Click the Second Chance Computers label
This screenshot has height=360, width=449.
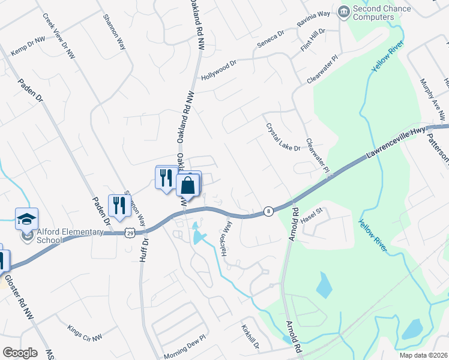382,13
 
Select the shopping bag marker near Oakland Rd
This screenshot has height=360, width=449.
188,185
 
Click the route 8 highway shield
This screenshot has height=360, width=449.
268,211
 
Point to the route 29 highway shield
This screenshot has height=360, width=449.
130,232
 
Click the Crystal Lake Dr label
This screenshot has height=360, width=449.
282,137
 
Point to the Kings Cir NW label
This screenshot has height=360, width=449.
85,334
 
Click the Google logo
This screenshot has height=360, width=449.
19,353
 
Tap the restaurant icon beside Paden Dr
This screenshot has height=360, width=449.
119,205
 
